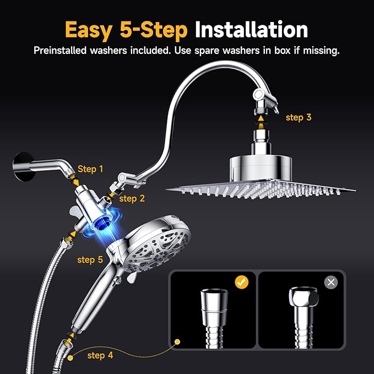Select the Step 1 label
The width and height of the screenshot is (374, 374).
90,169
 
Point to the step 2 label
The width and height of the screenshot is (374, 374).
132,198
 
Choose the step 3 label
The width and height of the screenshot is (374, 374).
299,117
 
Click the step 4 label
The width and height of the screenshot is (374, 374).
100,355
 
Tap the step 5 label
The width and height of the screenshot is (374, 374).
90,259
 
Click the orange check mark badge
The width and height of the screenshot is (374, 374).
241,283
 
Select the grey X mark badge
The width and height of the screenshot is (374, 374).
330,283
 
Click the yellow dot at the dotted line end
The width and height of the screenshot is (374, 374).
177,342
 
